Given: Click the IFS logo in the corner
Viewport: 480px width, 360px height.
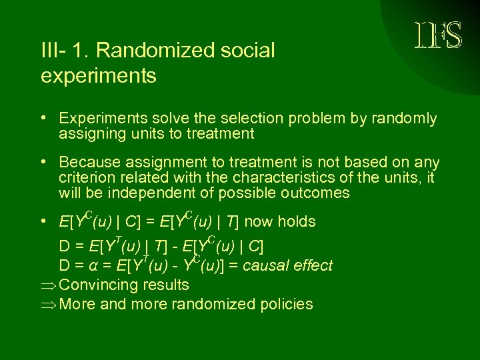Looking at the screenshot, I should (438, 35).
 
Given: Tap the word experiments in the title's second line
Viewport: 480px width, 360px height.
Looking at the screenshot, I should (99, 76).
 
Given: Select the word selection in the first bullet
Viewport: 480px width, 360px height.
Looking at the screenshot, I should (242, 119).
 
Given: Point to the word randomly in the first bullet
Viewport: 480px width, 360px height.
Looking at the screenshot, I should (407, 119).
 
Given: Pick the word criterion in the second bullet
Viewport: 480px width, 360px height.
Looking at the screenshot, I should (83, 178).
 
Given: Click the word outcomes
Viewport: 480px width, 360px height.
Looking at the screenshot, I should (317, 193).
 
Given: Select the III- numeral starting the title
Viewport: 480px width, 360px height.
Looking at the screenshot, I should (53, 51).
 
